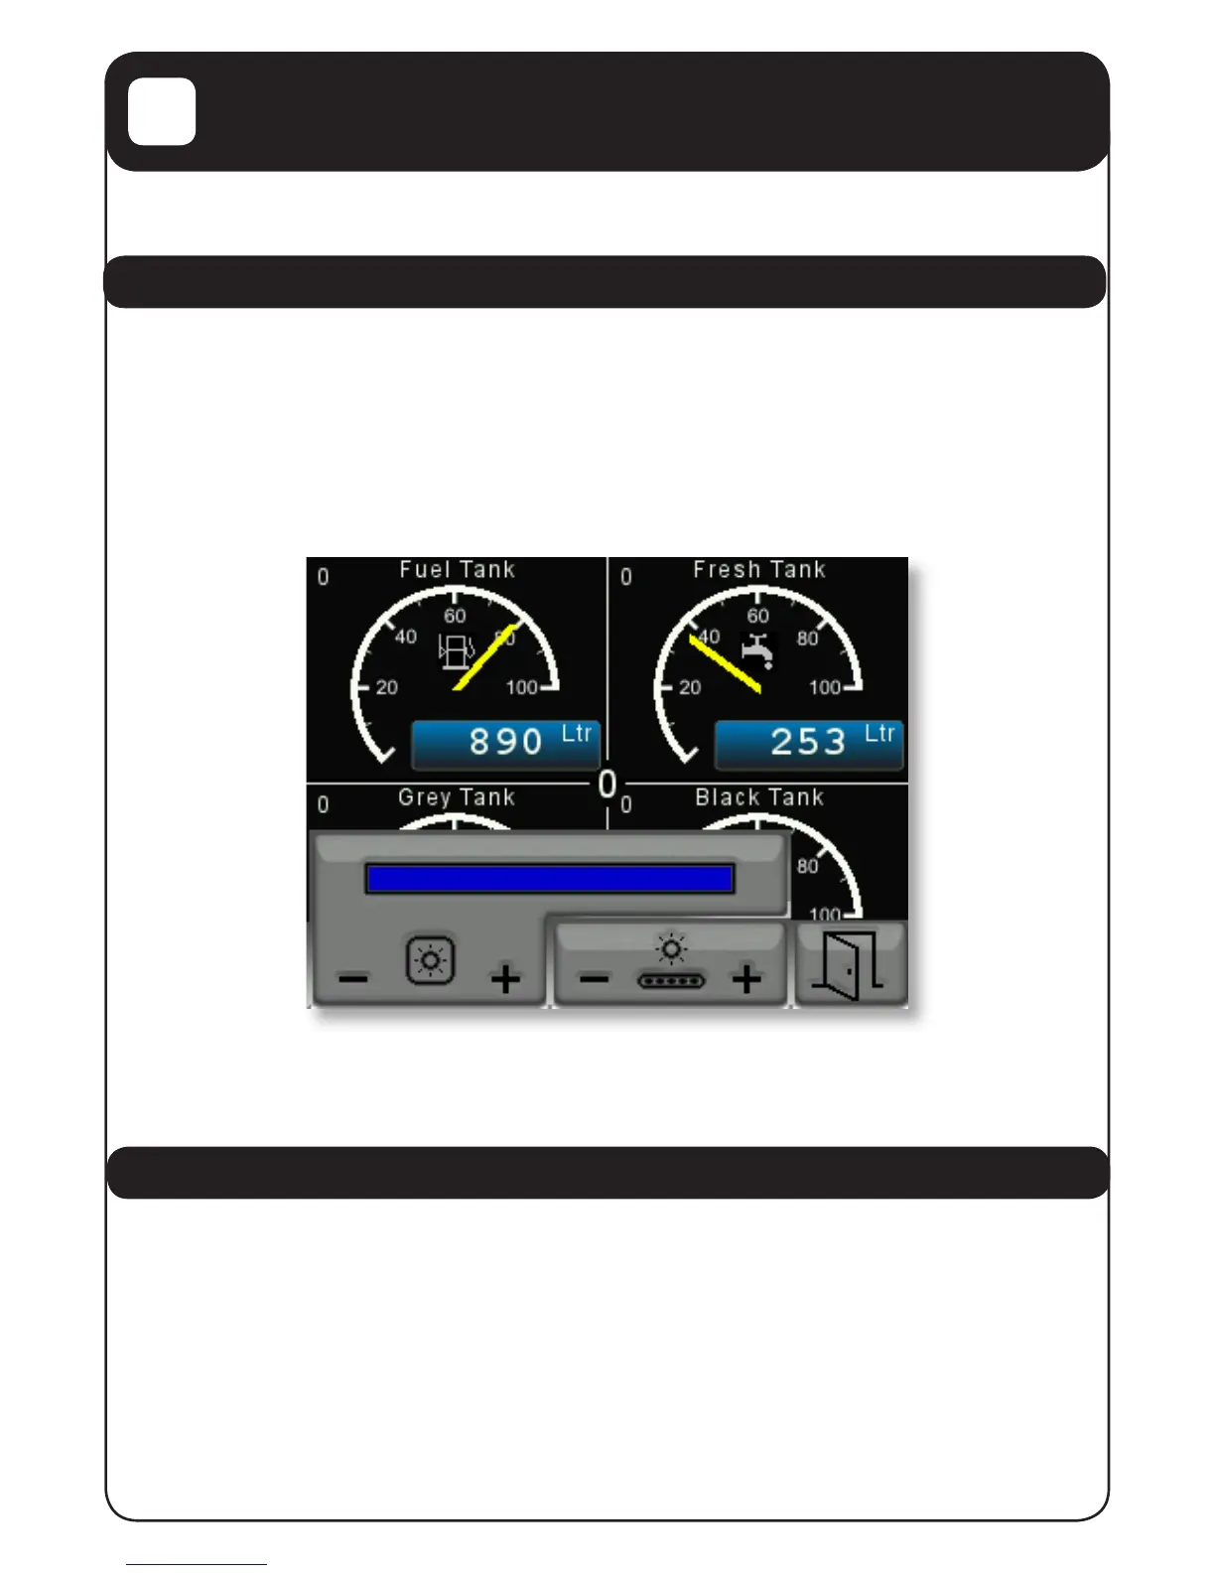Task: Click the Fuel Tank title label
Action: (457, 570)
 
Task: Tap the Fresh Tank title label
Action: (759, 570)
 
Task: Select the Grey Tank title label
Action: (457, 797)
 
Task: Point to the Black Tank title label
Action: (759, 797)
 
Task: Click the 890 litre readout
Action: (506, 743)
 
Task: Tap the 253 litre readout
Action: (809, 743)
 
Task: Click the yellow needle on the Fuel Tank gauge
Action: (484, 656)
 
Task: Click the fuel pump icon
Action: (456, 652)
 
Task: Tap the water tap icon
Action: (757, 649)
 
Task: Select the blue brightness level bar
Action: (549, 879)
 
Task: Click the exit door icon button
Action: (850, 966)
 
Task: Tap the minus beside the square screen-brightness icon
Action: (353, 980)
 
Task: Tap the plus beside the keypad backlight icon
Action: (746, 980)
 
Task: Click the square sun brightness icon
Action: (431, 960)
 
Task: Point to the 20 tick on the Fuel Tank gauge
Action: (386, 687)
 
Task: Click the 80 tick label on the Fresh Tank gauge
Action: (807, 639)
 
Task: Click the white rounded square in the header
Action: (162, 112)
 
